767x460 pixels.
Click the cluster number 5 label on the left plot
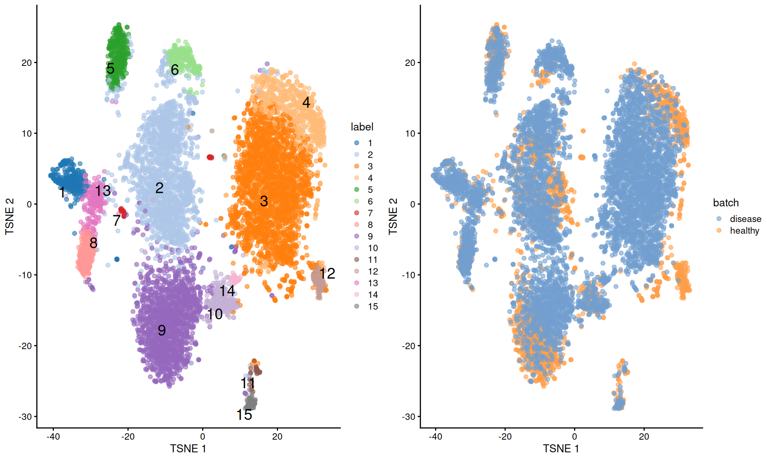[111, 69]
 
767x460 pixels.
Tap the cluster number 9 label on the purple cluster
[161, 331]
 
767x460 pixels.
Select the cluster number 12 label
[327, 274]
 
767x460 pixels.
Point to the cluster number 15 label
[244, 415]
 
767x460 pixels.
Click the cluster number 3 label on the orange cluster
[264, 201]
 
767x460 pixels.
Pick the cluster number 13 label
[103, 191]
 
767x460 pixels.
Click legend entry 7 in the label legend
[370, 213]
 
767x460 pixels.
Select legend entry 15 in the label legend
[372, 306]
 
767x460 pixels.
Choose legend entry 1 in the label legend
[370, 143]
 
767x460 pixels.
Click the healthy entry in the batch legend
[744, 230]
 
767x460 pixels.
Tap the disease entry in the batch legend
[745, 219]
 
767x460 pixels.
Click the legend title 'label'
[362, 127]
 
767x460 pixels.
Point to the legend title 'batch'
[725, 203]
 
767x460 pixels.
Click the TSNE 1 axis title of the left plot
[188, 449]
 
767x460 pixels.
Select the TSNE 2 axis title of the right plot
[393, 216]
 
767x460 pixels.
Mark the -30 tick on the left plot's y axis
[25, 416]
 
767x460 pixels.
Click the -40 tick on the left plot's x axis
[53, 436]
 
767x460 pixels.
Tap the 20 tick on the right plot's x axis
[644, 436]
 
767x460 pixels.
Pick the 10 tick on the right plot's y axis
[410, 133]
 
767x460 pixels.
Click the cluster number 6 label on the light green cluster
[175, 70]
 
